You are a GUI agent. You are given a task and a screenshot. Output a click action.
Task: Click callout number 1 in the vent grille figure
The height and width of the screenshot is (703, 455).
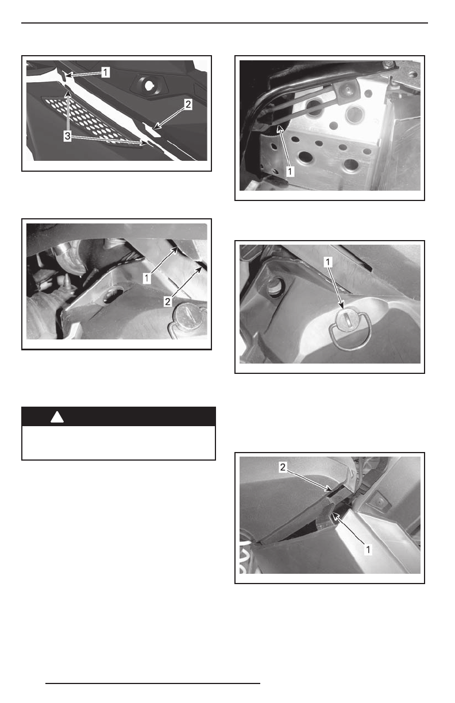click(x=106, y=72)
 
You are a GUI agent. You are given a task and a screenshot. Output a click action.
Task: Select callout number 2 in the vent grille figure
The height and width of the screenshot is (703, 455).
click(x=188, y=105)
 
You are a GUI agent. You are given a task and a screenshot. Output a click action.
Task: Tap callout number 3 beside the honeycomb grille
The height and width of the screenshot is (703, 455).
click(x=68, y=136)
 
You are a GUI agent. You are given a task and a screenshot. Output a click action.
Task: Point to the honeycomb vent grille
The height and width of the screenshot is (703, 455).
click(x=90, y=121)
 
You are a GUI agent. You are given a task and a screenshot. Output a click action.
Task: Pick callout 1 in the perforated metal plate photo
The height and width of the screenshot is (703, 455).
click(x=290, y=171)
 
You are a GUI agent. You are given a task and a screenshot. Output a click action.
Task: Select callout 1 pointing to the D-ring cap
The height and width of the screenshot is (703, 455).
click(x=328, y=262)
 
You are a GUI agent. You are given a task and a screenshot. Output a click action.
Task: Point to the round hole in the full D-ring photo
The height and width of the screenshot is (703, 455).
click(x=275, y=286)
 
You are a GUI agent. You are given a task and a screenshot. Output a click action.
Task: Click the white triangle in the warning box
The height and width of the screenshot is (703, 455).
click(x=57, y=418)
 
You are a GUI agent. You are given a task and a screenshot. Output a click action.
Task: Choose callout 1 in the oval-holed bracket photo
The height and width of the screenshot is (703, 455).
click(x=146, y=279)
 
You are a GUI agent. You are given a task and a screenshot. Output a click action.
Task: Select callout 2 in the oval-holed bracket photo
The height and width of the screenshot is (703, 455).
click(x=168, y=302)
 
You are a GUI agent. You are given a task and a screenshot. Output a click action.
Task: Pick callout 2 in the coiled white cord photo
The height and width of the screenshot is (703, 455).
click(x=283, y=467)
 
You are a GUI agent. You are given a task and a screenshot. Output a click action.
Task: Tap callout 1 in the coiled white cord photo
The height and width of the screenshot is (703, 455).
click(x=368, y=550)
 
